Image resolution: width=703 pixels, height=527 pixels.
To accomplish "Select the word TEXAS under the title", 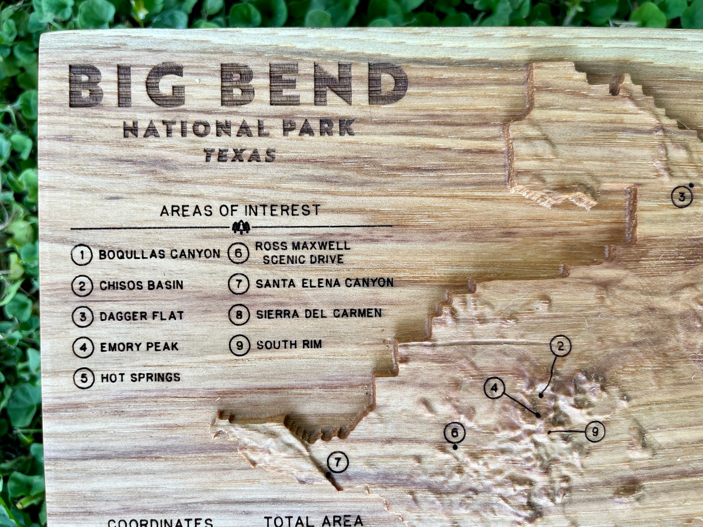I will pos(240,155).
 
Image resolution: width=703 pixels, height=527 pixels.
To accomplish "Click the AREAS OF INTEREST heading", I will pos(240,211).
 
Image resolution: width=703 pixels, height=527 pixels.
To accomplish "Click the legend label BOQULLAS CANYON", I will pos(159,254).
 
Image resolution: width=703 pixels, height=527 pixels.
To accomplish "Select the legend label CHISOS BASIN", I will pos(142,285).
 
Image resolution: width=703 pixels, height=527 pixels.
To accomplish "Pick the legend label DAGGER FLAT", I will pos(142,316).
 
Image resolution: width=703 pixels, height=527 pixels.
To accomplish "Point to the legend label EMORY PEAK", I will pos(139,347).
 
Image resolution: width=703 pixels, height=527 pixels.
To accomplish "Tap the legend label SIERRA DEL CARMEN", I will pos(319,314).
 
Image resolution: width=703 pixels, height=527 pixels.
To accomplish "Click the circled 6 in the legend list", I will pos(238,253).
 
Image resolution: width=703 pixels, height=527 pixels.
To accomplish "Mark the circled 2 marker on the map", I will pos(560,346).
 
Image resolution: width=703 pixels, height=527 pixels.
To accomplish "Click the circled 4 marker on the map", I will pos(494,388).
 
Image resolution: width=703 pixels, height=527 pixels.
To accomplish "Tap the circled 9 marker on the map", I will pos(595,431).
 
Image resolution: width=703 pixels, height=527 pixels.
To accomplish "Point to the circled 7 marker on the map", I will pos(337,462).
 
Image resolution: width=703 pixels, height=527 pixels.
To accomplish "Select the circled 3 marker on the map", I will pos(682,197).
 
